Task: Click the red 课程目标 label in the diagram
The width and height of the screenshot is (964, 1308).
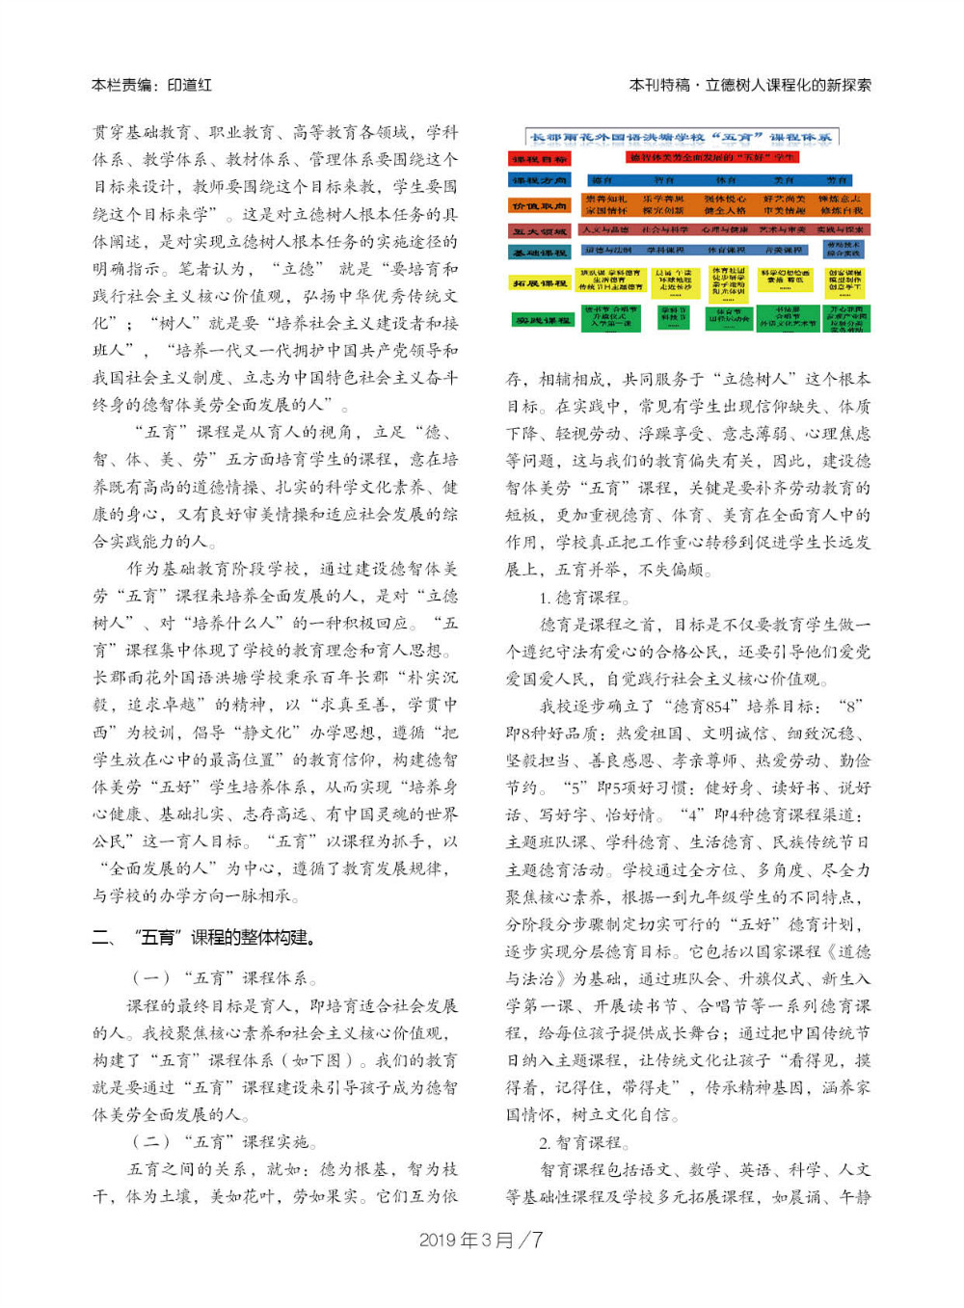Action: click(x=539, y=159)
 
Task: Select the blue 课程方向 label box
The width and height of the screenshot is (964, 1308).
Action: click(x=539, y=180)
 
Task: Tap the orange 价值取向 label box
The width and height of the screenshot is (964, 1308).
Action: click(x=539, y=205)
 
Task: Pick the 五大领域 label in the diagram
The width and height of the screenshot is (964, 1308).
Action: click(x=539, y=231)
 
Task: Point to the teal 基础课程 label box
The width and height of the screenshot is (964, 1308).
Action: click(x=539, y=252)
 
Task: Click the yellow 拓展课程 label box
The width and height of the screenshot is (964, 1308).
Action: click(x=539, y=283)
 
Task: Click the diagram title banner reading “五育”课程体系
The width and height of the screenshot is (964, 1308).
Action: click(x=682, y=137)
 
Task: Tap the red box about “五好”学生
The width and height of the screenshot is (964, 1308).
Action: click(x=711, y=157)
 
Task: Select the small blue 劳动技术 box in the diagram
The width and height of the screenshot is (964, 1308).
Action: click(x=843, y=249)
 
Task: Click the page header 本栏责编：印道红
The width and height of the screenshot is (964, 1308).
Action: click(x=151, y=85)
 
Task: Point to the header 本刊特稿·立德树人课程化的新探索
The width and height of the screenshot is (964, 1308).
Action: click(x=750, y=85)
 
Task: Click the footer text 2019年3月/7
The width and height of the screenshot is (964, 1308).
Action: click(x=481, y=1240)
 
